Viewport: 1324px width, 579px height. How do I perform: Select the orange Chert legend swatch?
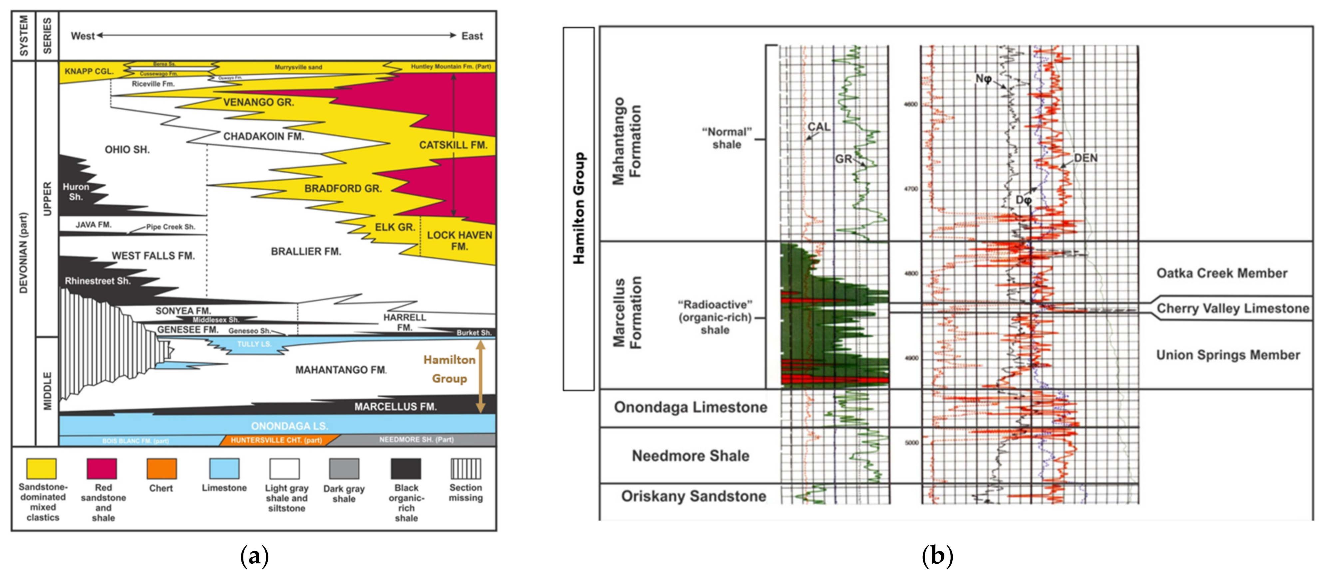162,468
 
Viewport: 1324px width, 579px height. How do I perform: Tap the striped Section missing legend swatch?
466,468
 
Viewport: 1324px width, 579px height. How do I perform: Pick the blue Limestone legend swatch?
224,468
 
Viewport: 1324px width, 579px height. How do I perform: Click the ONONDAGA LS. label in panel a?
289,426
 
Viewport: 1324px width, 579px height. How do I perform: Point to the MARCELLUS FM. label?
395,407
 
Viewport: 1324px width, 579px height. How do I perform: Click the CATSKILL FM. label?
453,145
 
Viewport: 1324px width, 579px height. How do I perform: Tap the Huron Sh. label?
76,192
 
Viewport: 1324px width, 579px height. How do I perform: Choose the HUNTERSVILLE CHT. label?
276,440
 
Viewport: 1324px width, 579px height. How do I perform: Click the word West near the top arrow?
82,36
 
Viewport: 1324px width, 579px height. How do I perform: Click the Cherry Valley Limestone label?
1232,308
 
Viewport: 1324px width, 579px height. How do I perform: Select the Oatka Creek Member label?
1222,273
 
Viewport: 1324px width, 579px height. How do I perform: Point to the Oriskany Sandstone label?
693,496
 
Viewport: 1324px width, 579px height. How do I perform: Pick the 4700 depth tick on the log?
911,189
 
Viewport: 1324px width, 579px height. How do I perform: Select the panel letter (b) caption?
937,556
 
